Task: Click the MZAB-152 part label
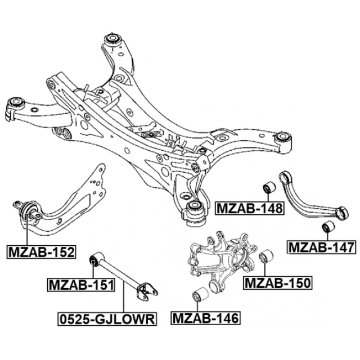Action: point(41,251)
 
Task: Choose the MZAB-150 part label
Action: point(277,282)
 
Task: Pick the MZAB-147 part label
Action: point(321,246)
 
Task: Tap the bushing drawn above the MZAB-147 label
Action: point(328,227)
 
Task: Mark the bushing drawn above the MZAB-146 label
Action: point(201,294)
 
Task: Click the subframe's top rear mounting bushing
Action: point(112,43)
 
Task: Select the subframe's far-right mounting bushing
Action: point(284,138)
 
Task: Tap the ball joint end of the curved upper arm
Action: point(341,212)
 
